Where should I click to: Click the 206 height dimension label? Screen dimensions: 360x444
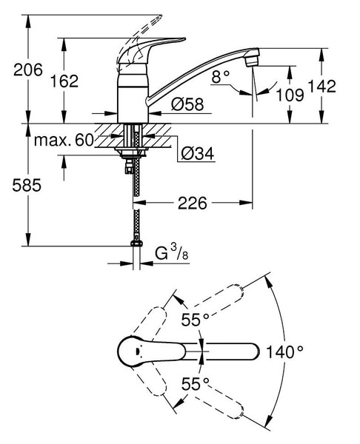tap(28, 70)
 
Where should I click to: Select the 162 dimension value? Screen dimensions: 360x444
tap(64, 81)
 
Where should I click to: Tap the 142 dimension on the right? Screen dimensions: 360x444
tap(321, 86)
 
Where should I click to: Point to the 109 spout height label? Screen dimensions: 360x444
tap(290, 95)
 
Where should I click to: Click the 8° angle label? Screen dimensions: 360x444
tap(220, 76)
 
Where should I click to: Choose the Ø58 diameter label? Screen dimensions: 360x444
tap(187, 104)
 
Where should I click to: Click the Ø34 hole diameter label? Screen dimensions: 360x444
tap(198, 153)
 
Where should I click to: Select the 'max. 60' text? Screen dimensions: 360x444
tap(64, 140)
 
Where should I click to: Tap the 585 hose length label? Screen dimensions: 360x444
tap(27, 186)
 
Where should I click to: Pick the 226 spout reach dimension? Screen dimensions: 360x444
tap(193, 203)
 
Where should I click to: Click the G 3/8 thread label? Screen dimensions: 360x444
tap(172, 252)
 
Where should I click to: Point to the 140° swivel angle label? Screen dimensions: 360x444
tap(284, 352)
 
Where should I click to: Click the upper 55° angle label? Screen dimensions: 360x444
tap(195, 320)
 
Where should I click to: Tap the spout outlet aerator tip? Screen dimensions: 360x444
tap(251, 61)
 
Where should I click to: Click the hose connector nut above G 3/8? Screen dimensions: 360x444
tap(136, 243)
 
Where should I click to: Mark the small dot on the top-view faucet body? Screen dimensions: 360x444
tap(138, 351)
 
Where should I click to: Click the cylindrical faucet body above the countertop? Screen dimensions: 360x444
tap(133, 93)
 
